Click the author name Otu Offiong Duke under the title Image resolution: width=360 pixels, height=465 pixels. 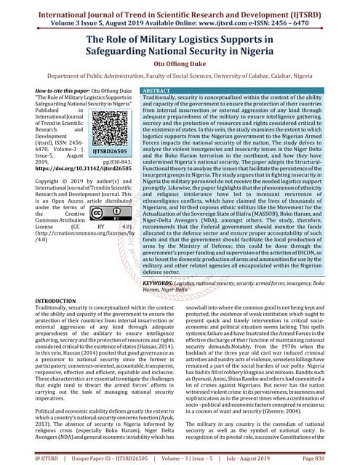point(180,63)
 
